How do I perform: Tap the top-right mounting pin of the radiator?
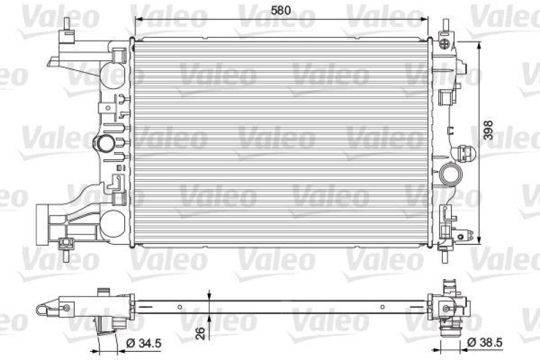pos(446,27)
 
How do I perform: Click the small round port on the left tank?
pos(105,143)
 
